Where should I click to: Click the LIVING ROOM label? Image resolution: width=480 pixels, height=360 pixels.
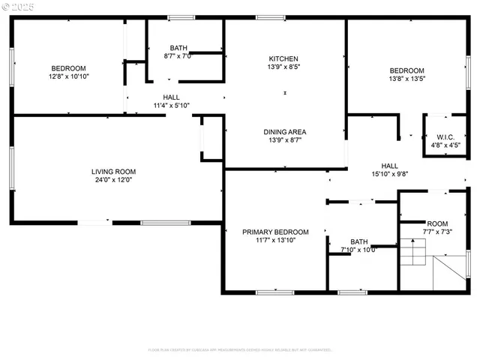point(115,172)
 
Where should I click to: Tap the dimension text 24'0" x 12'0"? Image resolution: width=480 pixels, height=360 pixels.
point(115,181)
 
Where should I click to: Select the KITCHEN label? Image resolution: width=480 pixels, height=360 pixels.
point(284,58)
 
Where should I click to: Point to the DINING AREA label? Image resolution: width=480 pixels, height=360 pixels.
point(284,132)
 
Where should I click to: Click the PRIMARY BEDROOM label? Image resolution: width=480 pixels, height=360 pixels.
point(275,232)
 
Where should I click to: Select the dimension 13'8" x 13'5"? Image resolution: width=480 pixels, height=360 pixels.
point(406,79)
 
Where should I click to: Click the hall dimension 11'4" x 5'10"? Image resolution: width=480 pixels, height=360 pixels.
point(171,106)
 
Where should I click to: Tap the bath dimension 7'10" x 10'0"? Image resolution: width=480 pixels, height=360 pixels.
point(358,250)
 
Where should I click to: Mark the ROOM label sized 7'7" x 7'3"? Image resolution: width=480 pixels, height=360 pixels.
point(436,224)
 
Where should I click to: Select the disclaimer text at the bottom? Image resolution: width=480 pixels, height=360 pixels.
point(239,349)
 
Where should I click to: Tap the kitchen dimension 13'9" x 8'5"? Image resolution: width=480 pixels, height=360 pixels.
point(284,67)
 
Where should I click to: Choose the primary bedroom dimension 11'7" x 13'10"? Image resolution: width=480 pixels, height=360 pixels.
point(275,241)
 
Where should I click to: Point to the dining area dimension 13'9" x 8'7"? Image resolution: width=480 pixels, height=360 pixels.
point(284,141)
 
